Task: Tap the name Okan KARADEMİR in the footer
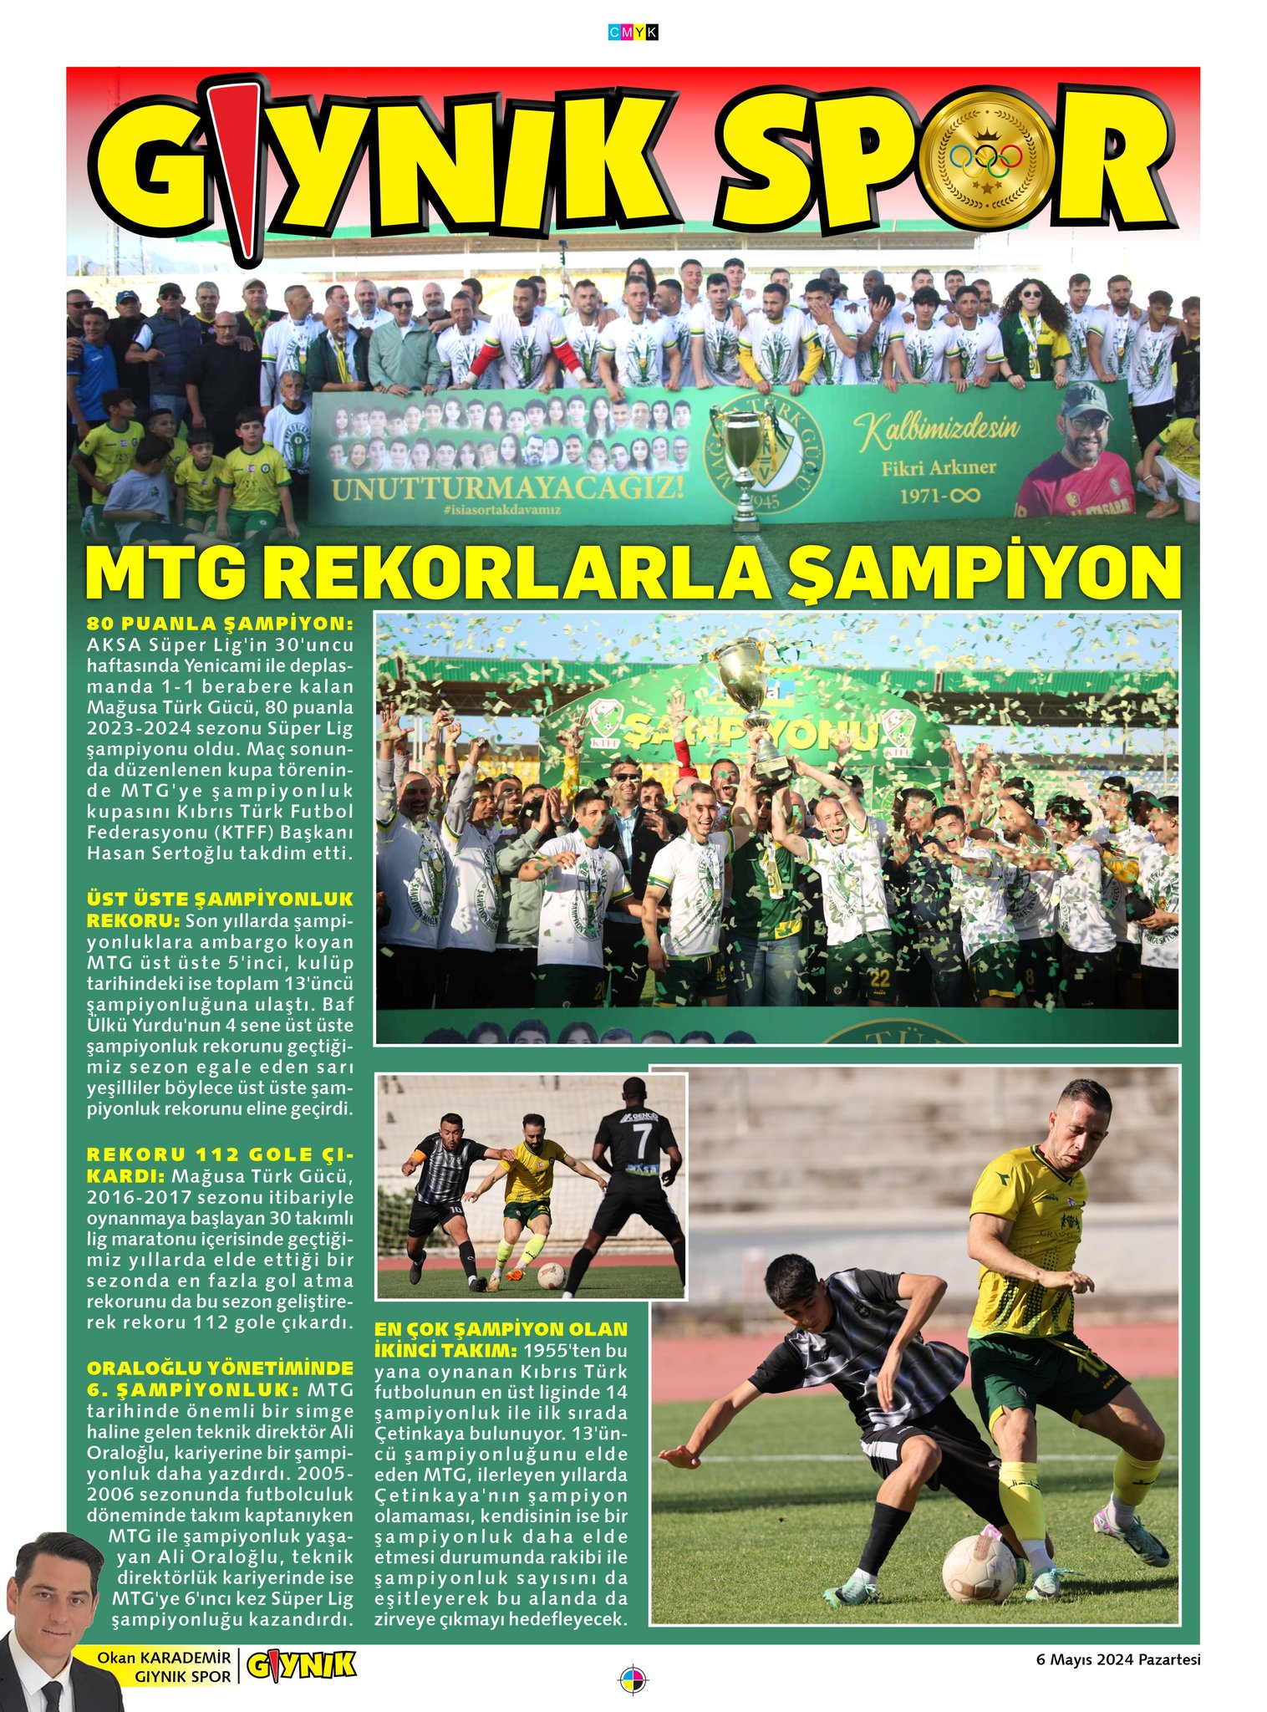[164, 1657]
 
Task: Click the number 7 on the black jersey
[641, 1138]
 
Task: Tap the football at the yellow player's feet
[979, 1569]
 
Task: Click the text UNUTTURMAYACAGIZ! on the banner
[507, 488]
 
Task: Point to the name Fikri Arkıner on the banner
[939, 466]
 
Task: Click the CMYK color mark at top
[633, 33]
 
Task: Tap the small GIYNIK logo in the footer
[301, 1665]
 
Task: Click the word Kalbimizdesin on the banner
[936, 428]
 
